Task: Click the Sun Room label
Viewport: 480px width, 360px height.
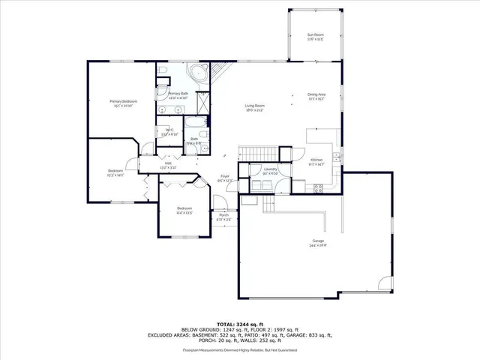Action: pyautogui.click(x=315, y=37)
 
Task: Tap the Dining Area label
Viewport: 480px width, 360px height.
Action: pyautogui.click(x=316, y=96)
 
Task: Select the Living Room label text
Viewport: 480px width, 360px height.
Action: pyautogui.click(x=255, y=107)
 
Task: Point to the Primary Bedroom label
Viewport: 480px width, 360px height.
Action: pyautogui.click(x=123, y=103)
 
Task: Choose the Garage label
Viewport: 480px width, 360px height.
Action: pyautogui.click(x=319, y=243)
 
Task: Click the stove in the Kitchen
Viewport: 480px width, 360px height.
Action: pyautogui.click(x=318, y=187)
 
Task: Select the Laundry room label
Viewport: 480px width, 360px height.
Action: pyautogui.click(x=271, y=172)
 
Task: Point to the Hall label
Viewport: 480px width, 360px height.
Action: pyautogui.click(x=168, y=166)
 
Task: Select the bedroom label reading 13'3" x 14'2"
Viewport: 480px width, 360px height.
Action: pyautogui.click(x=115, y=173)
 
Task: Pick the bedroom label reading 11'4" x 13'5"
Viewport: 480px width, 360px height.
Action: pyautogui.click(x=184, y=210)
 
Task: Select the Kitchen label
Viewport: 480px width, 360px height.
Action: pyautogui.click(x=316, y=162)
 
